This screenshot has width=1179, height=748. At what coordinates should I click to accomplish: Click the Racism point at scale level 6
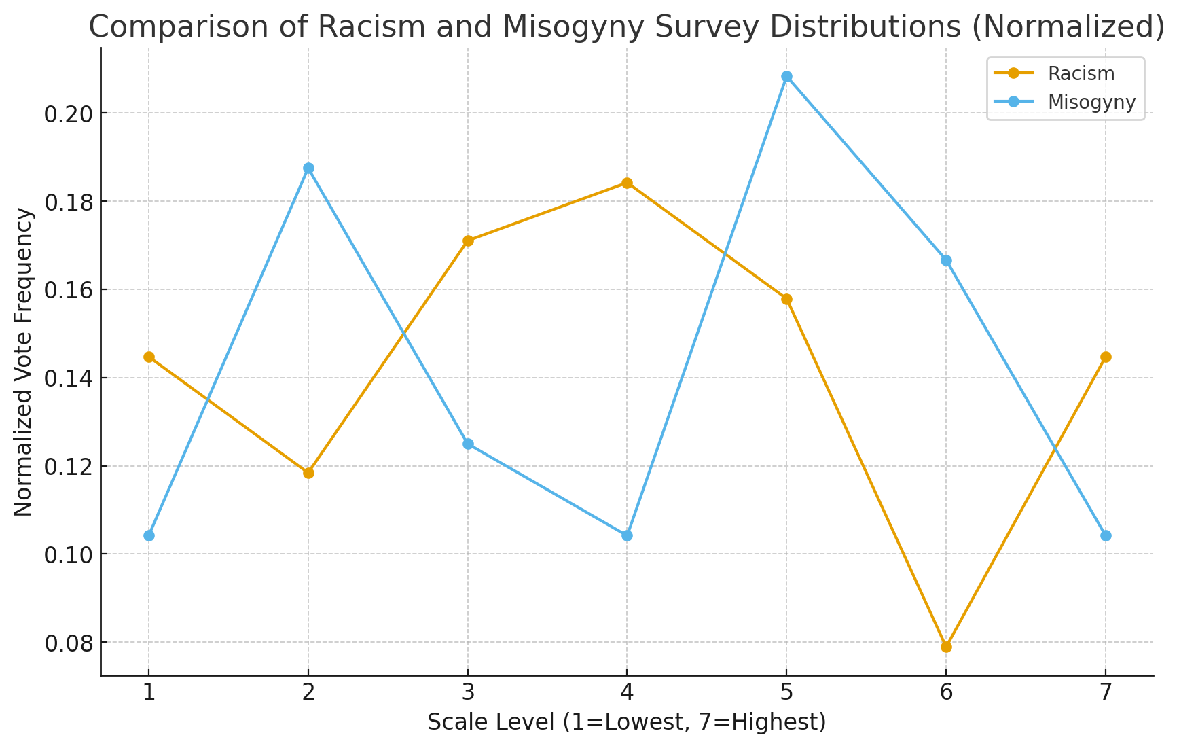pos(946,647)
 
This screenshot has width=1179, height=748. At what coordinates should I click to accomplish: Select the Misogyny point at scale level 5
pos(786,77)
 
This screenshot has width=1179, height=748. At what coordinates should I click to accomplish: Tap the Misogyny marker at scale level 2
pos(308,168)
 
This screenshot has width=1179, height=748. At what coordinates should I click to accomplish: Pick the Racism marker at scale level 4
pos(627,183)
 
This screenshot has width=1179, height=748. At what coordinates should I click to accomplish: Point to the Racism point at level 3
pos(468,241)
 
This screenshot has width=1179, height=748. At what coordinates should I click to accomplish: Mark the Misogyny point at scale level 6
pos(946,260)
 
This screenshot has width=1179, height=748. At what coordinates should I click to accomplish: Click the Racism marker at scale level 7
pos(1106,357)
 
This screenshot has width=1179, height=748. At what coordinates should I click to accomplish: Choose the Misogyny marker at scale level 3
pos(468,444)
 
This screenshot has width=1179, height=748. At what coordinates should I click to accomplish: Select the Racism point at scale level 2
pos(308,473)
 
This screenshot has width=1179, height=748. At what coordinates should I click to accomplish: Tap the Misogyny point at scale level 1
pos(149,535)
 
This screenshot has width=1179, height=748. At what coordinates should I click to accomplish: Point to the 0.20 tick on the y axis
pos(67,113)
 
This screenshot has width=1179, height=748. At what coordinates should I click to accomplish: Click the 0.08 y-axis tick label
pos(67,643)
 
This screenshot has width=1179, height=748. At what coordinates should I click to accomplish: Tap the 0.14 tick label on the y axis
pos(67,378)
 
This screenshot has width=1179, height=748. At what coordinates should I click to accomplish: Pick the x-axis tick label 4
pos(627,692)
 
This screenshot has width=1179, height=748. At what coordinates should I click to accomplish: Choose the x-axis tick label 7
pos(1106,692)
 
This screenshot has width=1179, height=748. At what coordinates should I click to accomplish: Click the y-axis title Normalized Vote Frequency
pos(24,361)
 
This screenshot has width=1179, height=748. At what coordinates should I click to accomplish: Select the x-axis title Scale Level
pos(626,722)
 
